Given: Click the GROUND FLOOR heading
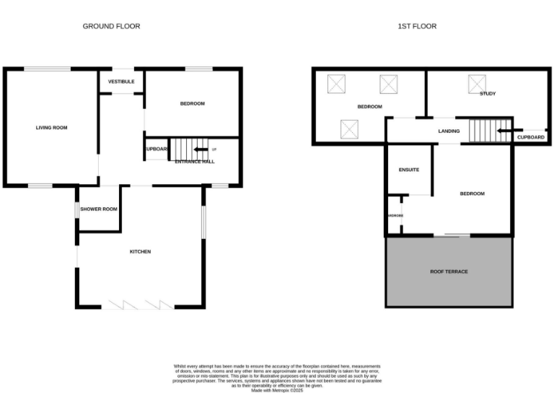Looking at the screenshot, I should (111, 26).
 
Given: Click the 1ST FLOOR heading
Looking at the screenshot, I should (417, 26).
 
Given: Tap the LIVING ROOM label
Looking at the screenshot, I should (51, 128).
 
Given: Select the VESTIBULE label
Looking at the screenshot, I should (121, 82).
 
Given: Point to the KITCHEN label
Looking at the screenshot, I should (140, 251).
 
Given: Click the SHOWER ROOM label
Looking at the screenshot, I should (99, 209).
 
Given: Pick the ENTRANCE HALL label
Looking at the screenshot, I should (195, 162).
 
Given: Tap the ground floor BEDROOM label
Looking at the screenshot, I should (193, 104).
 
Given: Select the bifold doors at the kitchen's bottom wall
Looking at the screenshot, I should (141, 305).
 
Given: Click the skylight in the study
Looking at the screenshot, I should (477, 82).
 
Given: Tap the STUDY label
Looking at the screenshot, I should (488, 94).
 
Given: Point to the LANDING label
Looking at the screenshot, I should (449, 131).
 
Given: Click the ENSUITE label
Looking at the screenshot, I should (409, 170).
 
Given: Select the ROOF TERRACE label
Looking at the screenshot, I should (449, 272).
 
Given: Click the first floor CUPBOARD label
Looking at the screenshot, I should (531, 136).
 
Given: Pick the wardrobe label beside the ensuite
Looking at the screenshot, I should (395, 216).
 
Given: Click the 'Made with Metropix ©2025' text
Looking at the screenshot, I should (277, 390).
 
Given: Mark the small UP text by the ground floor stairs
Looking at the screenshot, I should (214, 149).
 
